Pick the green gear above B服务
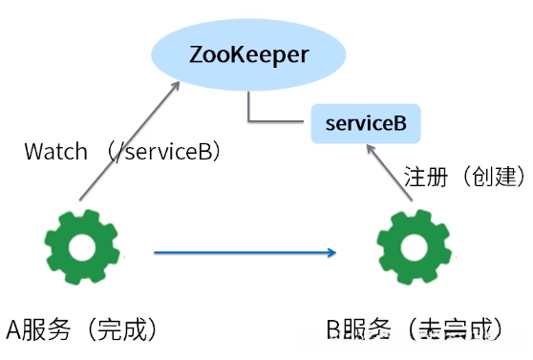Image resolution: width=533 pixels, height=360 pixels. tap(412, 249)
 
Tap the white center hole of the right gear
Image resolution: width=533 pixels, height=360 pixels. tap(412, 249)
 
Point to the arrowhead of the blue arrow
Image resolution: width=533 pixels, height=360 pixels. tap(331, 253)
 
